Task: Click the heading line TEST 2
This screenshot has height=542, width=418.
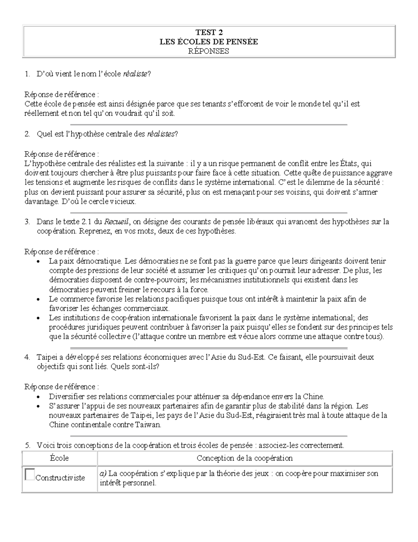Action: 209,32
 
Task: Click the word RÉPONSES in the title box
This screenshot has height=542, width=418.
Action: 209,51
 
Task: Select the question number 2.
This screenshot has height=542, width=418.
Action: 27,134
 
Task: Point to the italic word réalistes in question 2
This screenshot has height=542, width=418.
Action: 161,134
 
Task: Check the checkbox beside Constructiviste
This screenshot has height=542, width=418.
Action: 30,475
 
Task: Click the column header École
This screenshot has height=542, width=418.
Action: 59,458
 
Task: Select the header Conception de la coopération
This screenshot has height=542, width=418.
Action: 245,458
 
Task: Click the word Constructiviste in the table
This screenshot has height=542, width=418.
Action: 60,478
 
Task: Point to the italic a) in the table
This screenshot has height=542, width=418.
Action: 103,474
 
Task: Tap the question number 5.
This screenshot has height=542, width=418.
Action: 27,445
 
